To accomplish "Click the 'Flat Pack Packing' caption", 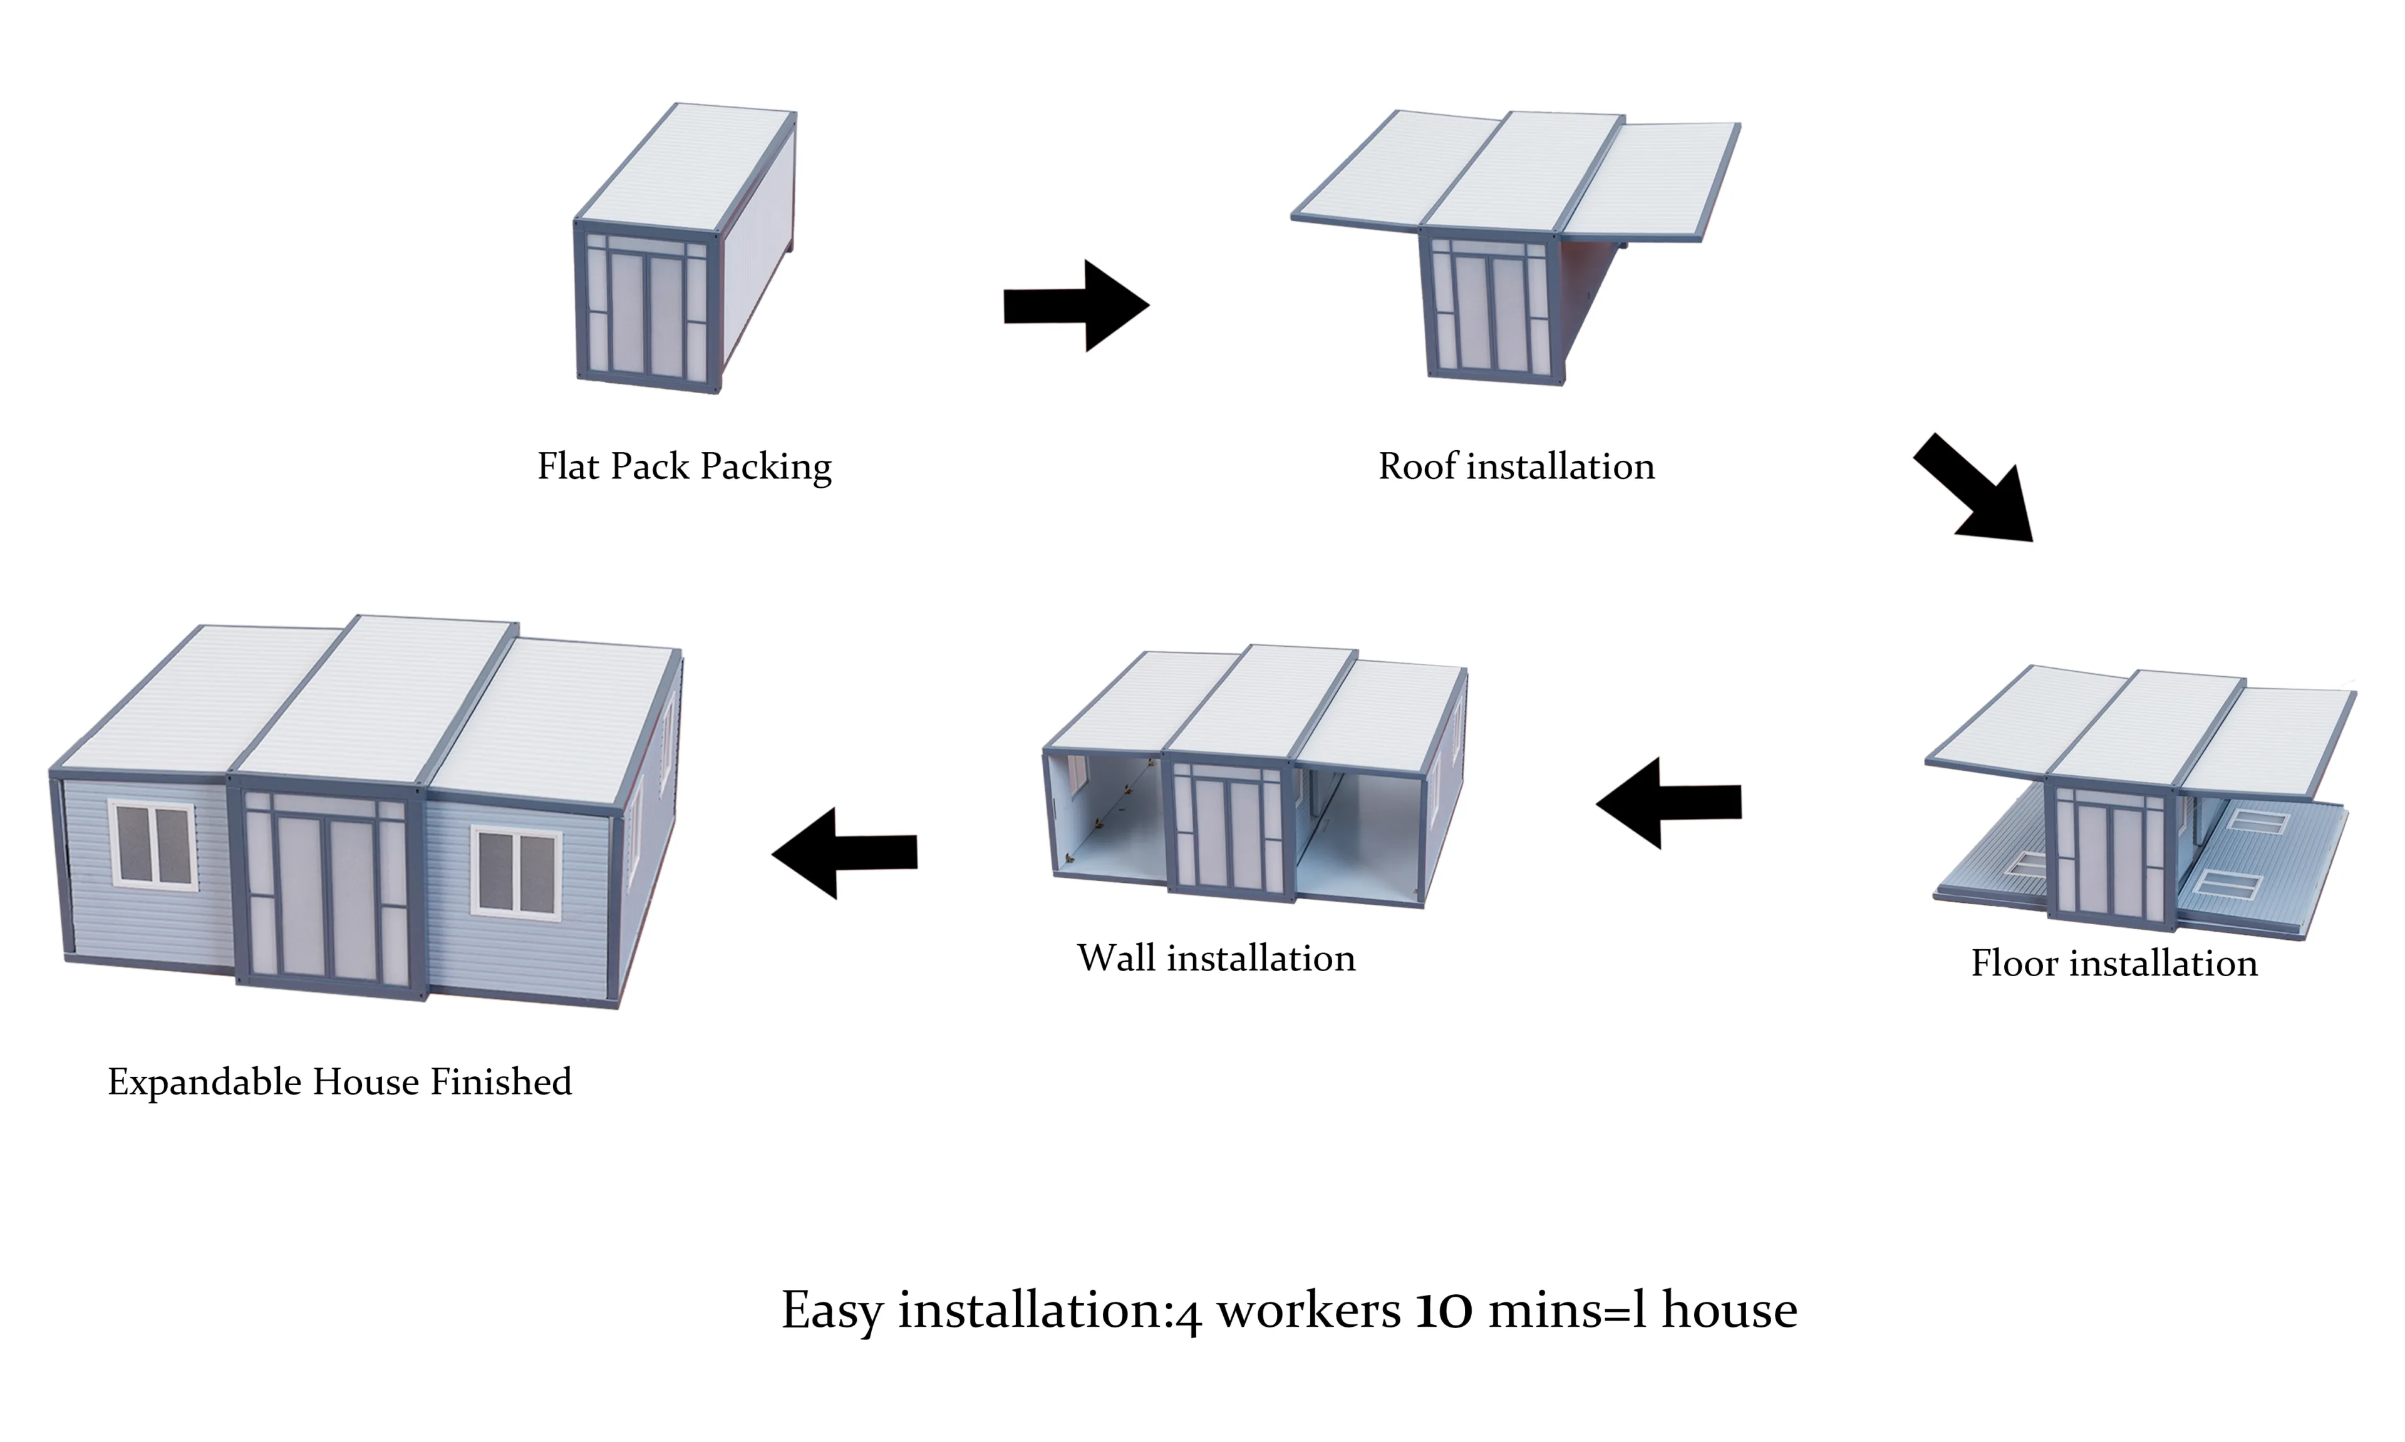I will [684, 466].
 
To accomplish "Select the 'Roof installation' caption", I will [1516, 466].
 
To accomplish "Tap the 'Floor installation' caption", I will [2114, 963].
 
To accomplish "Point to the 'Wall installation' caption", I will [1216, 958].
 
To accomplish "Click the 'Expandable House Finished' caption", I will [339, 1081].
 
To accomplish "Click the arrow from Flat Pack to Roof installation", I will [1076, 305].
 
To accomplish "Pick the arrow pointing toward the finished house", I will [844, 852].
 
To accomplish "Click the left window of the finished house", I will [153, 843].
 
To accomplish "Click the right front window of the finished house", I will [516, 872].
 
